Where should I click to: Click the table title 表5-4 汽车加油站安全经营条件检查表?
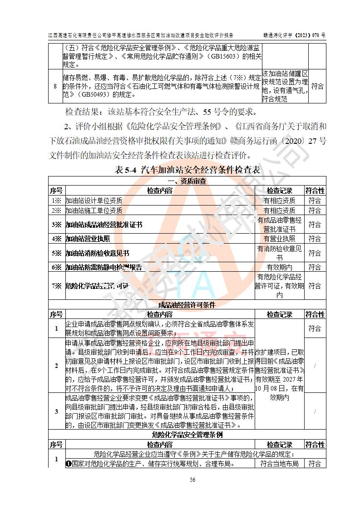tap(187, 170)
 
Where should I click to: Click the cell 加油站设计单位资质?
tap(94, 201)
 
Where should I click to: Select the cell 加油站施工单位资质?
tap(94, 210)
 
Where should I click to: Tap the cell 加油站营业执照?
tap(88, 239)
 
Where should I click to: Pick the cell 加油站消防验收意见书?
tap(98, 253)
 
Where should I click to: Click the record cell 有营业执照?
tap(279, 239)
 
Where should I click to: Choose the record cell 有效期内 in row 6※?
tap(279, 267)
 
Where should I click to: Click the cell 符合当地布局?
tap(279, 464)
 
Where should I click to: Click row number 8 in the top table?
tap(55, 86)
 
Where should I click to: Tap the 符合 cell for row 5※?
tap(315, 253)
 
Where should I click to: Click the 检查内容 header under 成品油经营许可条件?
tap(159, 314)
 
